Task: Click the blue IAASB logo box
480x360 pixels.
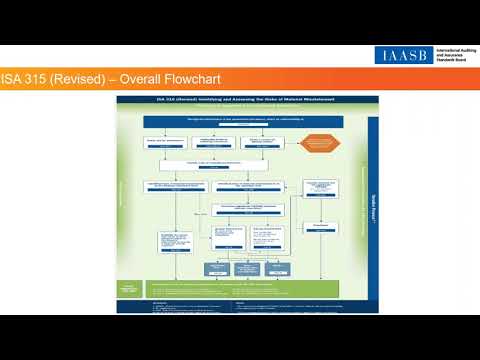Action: pos(403,55)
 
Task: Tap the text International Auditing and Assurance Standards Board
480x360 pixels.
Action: pos(452,55)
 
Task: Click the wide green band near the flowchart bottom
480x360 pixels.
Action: pos(250,287)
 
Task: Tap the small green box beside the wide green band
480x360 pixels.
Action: pos(129,288)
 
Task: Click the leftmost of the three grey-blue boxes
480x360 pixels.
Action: pos(216,268)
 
